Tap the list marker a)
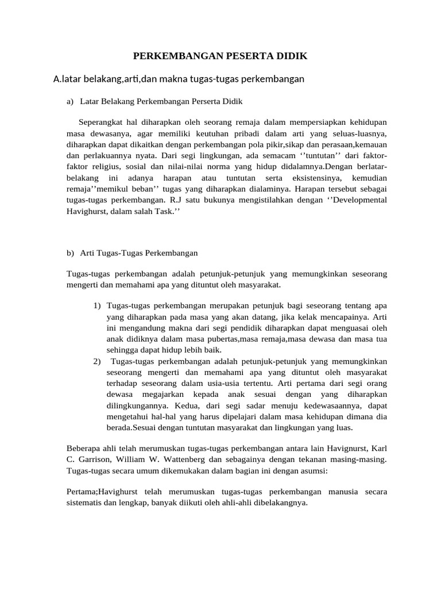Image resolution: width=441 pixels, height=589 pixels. (x=70, y=102)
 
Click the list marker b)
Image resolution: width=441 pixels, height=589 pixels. (x=70, y=253)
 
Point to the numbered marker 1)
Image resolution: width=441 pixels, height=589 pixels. (x=97, y=305)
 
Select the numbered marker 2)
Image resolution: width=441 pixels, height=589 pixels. (x=97, y=361)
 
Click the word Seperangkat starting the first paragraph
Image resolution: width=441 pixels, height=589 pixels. (x=102, y=123)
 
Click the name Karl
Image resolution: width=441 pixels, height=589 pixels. (x=378, y=449)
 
